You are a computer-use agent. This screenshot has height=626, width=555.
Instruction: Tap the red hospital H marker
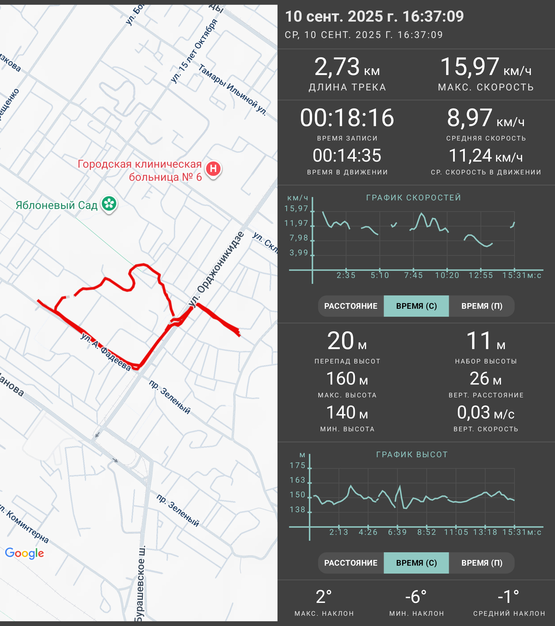click(213, 169)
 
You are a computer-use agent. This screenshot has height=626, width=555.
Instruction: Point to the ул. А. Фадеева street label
click(106, 352)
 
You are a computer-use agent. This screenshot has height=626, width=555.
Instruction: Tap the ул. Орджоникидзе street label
click(217, 269)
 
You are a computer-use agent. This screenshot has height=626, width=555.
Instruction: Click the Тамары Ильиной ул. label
click(233, 89)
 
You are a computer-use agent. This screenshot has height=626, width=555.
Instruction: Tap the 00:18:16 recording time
click(347, 118)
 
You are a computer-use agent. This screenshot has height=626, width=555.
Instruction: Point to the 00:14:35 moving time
click(347, 156)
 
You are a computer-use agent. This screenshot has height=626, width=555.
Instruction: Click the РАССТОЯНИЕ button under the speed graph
click(351, 306)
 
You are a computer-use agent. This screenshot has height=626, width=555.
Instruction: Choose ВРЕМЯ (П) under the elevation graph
click(482, 563)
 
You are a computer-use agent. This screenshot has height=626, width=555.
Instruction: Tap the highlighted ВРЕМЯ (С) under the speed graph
click(416, 306)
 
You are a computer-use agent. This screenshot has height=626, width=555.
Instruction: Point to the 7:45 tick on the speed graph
click(413, 275)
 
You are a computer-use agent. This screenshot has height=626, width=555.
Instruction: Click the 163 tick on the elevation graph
click(297, 480)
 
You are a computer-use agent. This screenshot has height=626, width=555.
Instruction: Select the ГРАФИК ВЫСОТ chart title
click(412, 454)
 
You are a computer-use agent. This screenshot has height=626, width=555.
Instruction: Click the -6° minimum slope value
click(416, 597)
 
